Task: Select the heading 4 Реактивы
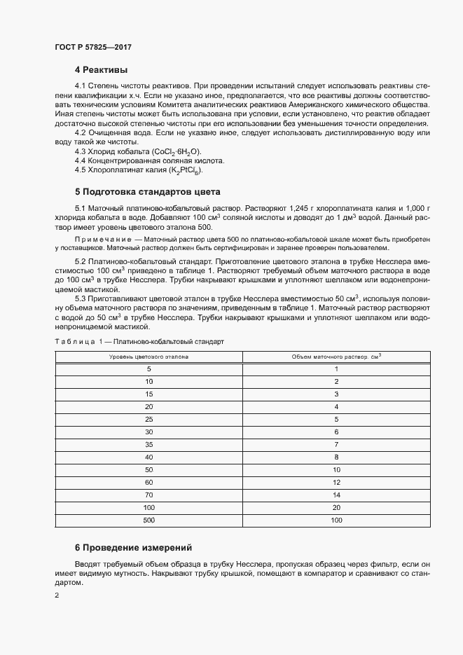pos(102,70)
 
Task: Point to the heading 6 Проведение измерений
pos(133,547)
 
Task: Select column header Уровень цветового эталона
pos(148,357)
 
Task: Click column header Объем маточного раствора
pos(336,357)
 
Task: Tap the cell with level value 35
pos(148,444)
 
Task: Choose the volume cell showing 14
pos(336,495)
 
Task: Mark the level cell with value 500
pos(148,520)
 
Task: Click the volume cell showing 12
pos(336,482)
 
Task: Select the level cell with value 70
pos(148,495)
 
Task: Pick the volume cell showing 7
pos(336,444)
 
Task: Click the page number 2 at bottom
pos(57,595)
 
